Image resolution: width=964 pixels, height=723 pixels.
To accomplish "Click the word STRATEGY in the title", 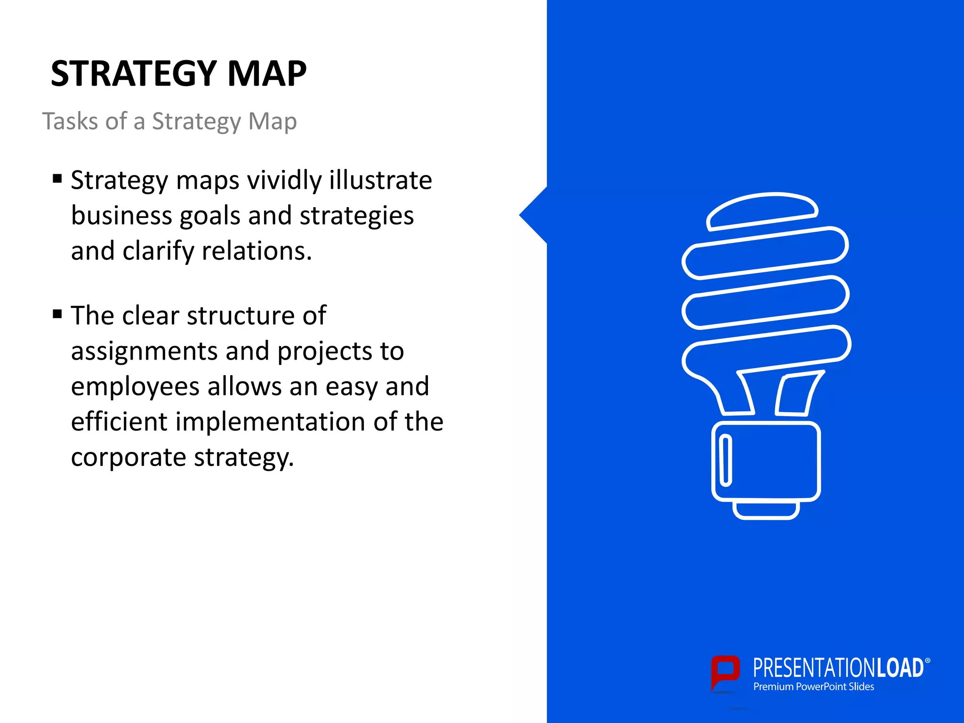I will tap(134, 74).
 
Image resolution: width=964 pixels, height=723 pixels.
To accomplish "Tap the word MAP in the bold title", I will tap(267, 74).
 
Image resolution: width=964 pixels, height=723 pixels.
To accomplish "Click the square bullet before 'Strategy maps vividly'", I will tap(57, 178).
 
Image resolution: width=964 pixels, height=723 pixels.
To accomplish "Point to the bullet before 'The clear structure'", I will tap(57, 314).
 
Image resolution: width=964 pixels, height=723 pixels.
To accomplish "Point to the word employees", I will tap(135, 387).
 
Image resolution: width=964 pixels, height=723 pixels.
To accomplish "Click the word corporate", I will tap(129, 457).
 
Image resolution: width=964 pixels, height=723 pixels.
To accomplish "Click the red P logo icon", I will tap(725, 674).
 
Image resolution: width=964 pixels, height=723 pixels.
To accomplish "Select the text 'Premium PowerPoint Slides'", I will tap(813, 687).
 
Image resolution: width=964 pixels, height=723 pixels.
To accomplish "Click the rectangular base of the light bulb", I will tap(766, 461).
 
